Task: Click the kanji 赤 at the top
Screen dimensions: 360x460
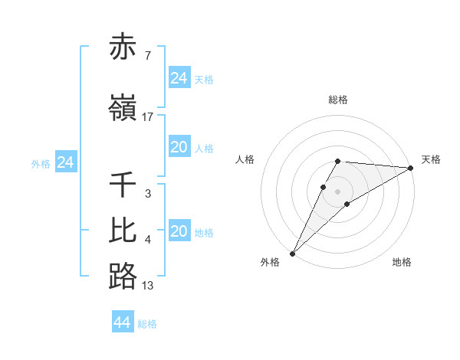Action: tap(123, 48)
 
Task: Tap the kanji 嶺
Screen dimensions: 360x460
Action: tap(123, 109)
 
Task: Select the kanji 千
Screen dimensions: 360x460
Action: tap(123, 185)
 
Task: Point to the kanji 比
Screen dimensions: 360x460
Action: tap(123, 231)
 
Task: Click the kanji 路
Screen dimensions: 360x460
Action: tap(123, 277)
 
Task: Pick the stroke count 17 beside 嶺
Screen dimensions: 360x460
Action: tap(148, 117)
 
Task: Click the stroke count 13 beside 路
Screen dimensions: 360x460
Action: tap(148, 286)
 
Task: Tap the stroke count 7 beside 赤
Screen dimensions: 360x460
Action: tap(147, 57)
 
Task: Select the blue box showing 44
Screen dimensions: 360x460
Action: tap(122, 322)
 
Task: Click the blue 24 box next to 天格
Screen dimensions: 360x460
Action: tap(179, 78)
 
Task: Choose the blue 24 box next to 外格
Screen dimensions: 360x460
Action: tap(65, 162)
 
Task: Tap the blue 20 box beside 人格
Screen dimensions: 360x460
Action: tap(179, 147)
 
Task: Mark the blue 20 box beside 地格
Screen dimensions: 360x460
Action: tap(179, 231)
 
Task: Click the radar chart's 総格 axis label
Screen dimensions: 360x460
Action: tap(338, 100)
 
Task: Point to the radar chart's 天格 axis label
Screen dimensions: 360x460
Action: tap(431, 159)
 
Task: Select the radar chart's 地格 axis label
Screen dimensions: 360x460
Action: tap(402, 262)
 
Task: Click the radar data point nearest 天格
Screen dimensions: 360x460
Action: tap(411, 168)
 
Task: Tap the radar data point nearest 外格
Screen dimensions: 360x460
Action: tap(292, 253)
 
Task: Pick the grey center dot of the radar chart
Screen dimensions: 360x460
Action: tap(338, 191)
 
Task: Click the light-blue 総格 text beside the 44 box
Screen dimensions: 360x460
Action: tap(147, 324)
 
